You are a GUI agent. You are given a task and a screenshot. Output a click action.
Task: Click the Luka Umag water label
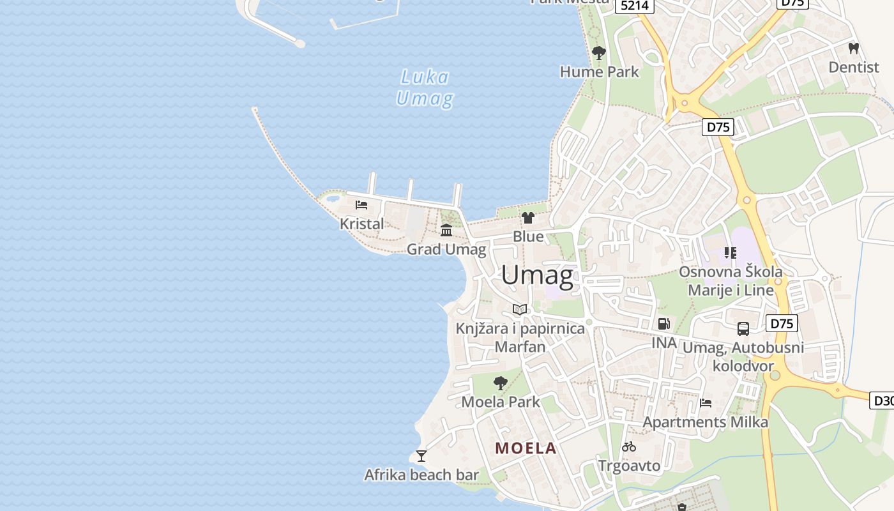[x=425, y=88]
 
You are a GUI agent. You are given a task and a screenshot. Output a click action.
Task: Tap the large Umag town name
[x=537, y=275]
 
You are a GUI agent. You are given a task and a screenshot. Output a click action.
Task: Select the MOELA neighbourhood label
[x=526, y=448]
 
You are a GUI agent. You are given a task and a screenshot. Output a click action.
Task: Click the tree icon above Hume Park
[x=598, y=53]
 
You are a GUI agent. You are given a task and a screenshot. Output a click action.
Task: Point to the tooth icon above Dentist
[x=853, y=48]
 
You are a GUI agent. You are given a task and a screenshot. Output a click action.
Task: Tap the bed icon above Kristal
[x=361, y=205]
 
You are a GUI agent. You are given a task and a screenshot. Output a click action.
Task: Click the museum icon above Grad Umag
[x=446, y=230]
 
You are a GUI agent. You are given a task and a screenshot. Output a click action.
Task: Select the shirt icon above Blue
[x=527, y=218]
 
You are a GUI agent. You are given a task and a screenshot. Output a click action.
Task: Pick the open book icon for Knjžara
[x=520, y=310]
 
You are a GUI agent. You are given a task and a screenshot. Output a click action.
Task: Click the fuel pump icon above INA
[x=663, y=324]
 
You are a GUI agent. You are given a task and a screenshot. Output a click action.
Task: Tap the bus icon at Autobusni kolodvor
[x=743, y=329]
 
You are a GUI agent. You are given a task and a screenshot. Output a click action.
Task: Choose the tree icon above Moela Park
[x=501, y=383]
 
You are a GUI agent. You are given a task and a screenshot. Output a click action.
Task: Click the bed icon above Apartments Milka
[x=706, y=403]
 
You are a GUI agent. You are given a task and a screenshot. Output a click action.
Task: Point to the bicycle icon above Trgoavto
[x=629, y=446]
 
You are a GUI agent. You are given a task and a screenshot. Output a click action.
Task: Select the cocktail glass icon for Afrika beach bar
[x=421, y=455]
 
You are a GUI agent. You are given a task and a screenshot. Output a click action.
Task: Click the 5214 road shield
[x=635, y=6]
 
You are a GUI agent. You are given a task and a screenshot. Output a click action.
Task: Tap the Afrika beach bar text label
[x=421, y=475]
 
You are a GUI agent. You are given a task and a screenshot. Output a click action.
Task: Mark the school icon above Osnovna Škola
[x=731, y=253]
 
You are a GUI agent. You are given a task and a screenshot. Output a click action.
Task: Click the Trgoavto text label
[x=629, y=466]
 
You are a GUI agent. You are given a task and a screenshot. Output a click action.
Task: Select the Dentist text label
[x=854, y=67]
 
